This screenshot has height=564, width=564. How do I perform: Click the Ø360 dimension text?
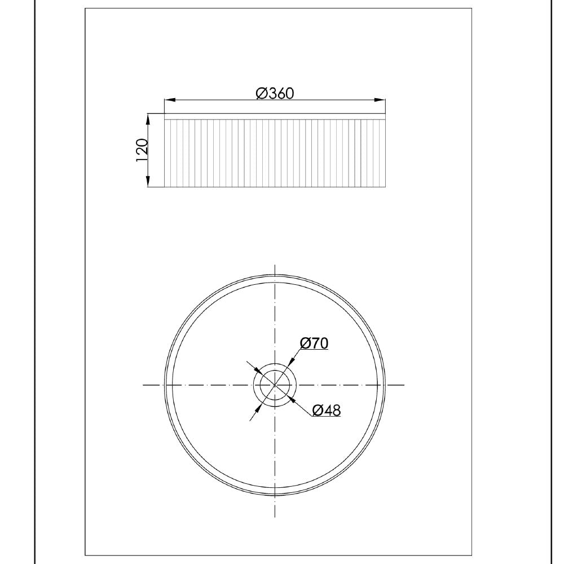(275, 93)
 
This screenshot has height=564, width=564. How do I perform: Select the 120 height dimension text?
(142, 151)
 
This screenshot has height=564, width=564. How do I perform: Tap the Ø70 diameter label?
(314, 342)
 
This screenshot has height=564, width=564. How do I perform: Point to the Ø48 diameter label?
(327, 410)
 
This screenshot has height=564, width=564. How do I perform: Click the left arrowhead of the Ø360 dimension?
(169, 100)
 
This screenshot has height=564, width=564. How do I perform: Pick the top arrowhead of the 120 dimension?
(148, 118)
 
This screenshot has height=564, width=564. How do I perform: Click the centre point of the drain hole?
(275, 385)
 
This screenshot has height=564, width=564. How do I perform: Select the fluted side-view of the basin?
(275, 153)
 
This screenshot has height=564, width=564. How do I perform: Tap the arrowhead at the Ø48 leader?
(291, 398)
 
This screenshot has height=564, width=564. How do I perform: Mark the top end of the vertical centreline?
(275, 265)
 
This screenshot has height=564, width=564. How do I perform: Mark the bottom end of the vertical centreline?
(275, 516)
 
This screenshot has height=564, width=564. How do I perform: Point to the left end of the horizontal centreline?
(144, 385)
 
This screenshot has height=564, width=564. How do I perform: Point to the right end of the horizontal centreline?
(403, 385)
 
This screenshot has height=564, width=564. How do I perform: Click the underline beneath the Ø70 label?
(314, 350)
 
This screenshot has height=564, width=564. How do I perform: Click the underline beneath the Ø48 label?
(327, 417)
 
